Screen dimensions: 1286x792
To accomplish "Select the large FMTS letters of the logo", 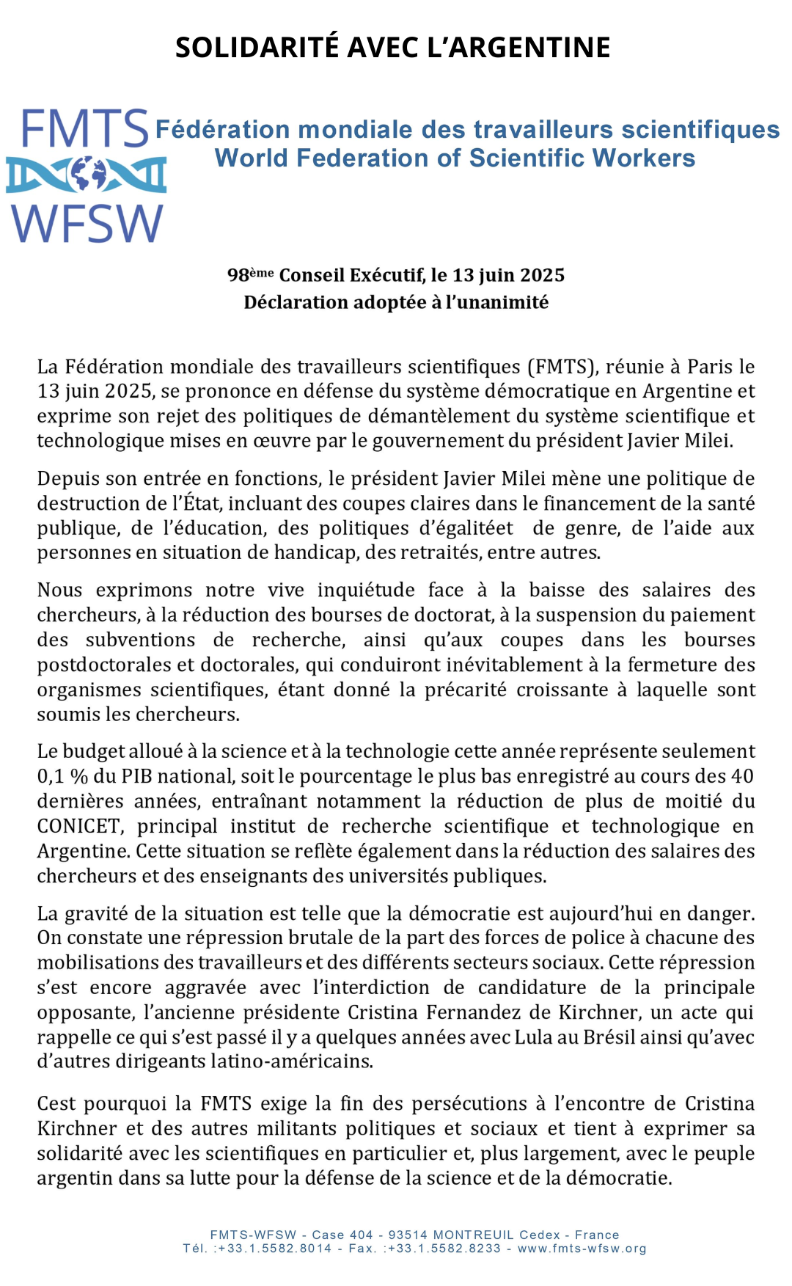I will tap(85, 129).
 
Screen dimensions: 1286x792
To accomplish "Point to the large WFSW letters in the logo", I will tap(87, 223).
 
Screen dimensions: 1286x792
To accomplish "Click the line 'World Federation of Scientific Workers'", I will tap(455, 158).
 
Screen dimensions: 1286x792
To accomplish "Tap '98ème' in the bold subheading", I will tap(250, 275).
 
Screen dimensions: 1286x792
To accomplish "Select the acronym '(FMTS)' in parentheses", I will tap(562, 367).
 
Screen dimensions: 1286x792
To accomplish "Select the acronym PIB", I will tap(136, 776).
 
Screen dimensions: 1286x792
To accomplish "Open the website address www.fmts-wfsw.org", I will tap(582, 1249).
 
